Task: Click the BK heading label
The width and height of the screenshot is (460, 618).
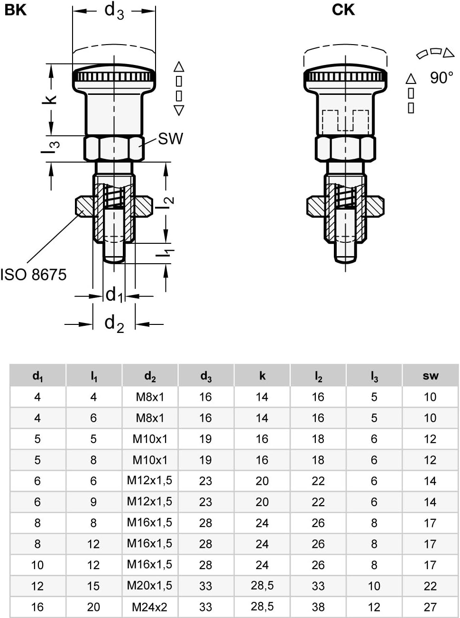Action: tap(16, 10)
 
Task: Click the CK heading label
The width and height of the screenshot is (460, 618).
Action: tap(343, 10)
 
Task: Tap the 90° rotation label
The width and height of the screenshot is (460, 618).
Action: tap(442, 77)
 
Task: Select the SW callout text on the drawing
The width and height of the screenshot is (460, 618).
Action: tap(170, 138)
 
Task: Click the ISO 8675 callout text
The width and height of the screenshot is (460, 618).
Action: tap(34, 275)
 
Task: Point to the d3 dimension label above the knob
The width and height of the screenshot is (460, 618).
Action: tap(114, 10)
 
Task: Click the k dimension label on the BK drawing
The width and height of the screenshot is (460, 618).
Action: tap(51, 99)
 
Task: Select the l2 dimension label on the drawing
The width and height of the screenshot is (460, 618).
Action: tap(167, 203)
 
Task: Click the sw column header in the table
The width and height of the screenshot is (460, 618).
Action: tap(430, 376)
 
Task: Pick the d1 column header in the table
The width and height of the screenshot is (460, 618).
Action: tap(37, 376)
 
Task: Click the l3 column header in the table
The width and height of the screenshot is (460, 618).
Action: tap(374, 376)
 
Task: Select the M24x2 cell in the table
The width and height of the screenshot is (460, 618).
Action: tap(149, 607)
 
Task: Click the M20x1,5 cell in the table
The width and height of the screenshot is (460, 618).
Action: tap(149, 586)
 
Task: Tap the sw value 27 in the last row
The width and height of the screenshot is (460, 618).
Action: tap(430, 607)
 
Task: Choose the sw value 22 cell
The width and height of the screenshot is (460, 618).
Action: tap(430, 586)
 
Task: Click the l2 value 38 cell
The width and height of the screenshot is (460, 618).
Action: tap(318, 607)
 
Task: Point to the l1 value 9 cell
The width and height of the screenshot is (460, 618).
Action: tap(93, 502)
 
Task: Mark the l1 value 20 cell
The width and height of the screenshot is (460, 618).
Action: tap(93, 607)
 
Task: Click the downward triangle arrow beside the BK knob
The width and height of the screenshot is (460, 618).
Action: tap(179, 111)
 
